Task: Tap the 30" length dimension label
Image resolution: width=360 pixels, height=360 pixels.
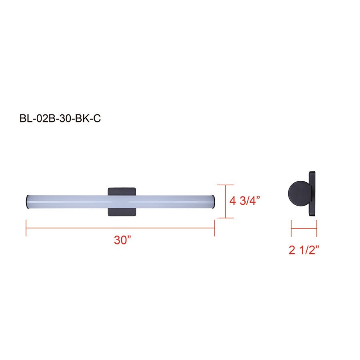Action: click(x=123, y=240)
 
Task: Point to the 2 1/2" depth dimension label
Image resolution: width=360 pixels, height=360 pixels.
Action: click(x=304, y=250)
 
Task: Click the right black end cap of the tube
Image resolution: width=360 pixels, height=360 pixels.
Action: click(x=215, y=201)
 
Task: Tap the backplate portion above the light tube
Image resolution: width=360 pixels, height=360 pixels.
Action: click(x=123, y=191)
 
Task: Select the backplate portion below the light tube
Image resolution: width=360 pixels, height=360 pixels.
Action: click(x=123, y=212)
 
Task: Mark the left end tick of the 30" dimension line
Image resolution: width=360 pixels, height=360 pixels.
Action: click(x=26, y=228)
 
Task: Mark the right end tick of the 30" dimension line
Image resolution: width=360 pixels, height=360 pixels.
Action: click(x=215, y=228)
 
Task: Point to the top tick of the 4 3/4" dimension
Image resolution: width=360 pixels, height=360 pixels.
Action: click(x=226, y=185)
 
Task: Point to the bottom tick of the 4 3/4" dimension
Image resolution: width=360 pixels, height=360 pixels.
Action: click(x=226, y=218)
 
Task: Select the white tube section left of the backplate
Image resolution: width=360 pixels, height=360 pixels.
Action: click(x=68, y=201)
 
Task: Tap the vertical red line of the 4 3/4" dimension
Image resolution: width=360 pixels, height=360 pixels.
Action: click(x=226, y=201)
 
